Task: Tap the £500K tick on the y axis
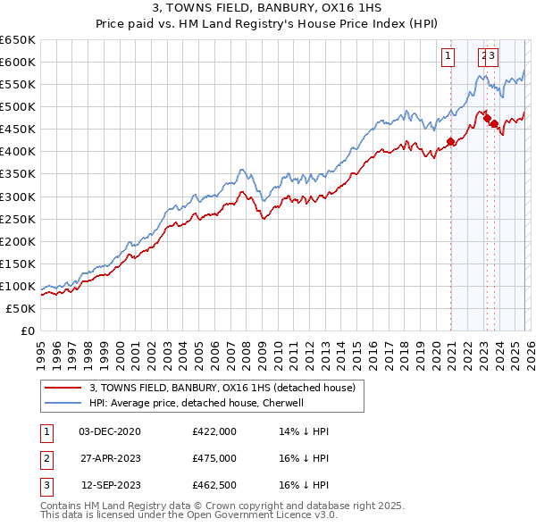[x=18, y=106]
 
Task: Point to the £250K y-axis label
[x=18, y=219]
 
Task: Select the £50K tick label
[x=21, y=308]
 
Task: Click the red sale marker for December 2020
[x=450, y=141]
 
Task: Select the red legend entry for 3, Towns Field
[x=222, y=388]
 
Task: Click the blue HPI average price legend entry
[x=197, y=403]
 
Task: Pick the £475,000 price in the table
[x=214, y=458]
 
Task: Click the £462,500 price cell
[x=214, y=486]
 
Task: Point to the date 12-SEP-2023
[x=111, y=486]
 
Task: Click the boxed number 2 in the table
[x=44, y=458]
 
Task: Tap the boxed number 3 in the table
[x=44, y=486]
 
